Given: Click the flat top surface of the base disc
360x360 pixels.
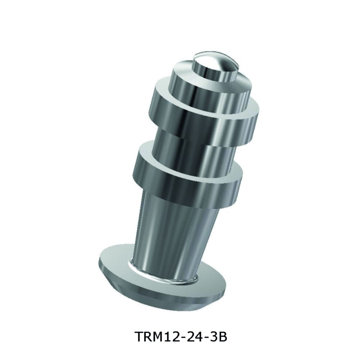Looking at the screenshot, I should [115, 257].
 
